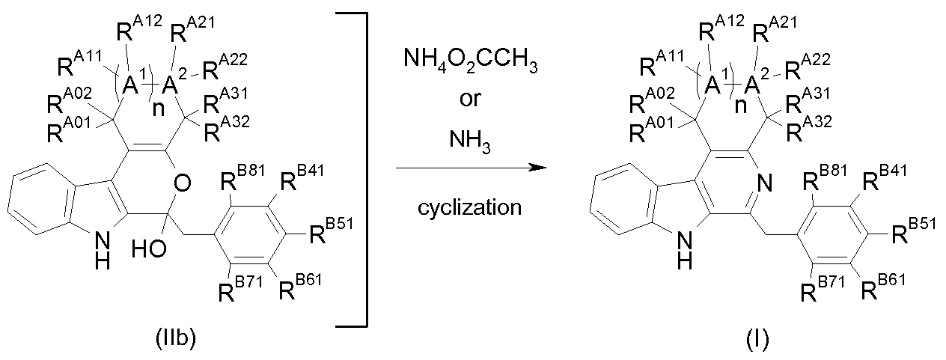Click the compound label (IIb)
pyautogui.click(x=176, y=339)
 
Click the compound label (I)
pyautogui.click(x=757, y=339)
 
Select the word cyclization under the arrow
pyautogui.click(x=469, y=208)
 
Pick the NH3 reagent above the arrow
pyautogui.click(x=469, y=140)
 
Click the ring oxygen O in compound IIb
pyautogui.click(x=182, y=183)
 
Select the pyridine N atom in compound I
pyautogui.click(x=764, y=183)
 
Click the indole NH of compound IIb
pyautogui.click(x=103, y=251)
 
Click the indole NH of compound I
pyautogui.click(x=685, y=251)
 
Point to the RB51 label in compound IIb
pyautogui.click(x=331, y=231)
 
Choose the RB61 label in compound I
pyautogui.click(x=883, y=287)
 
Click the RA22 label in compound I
pyautogui.click(x=808, y=67)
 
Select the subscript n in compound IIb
pyautogui.click(x=159, y=109)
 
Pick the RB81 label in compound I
pyautogui.click(x=824, y=177)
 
